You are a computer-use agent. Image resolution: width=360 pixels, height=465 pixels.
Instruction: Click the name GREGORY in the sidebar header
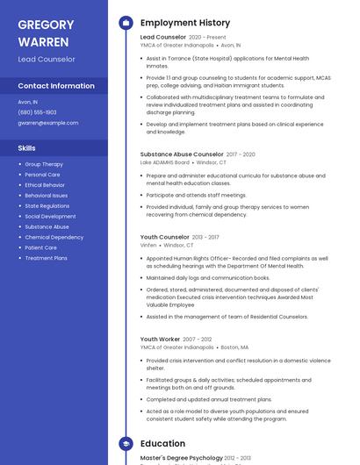pyautogui.click(x=47, y=24)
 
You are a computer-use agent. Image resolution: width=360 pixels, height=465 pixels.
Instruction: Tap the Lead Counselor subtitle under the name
pyautogui.click(x=47, y=59)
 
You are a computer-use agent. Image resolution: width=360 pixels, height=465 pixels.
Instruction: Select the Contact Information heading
pyautogui.click(x=56, y=86)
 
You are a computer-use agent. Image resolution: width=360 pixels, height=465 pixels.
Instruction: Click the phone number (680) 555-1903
pyautogui.click(x=37, y=112)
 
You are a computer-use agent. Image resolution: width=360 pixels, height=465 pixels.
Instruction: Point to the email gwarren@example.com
pyautogui.click(x=47, y=123)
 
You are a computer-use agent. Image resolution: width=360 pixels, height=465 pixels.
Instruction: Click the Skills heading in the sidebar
pyautogui.click(x=26, y=148)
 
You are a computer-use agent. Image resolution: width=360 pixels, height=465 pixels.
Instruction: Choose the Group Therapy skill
pyautogui.click(x=44, y=164)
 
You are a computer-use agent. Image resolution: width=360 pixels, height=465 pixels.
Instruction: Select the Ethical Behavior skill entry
pyautogui.click(x=45, y=185)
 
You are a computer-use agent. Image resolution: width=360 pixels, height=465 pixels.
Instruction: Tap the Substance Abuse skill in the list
pyautogui.click(x=47, y=226)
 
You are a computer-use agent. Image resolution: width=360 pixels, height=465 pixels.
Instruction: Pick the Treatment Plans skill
pyautogui.click(x=46, y=258)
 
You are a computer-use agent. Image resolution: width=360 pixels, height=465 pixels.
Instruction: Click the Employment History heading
pyautogui.click(x=185, y=23)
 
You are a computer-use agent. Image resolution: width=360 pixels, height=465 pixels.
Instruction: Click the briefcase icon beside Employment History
pyautogui.click(x=126, y=23)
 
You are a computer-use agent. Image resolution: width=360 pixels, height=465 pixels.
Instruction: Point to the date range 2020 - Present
pyautogui.click(x=207, y=38)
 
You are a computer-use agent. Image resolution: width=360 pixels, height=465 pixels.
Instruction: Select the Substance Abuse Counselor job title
pyautogui.click(x=182, y=154)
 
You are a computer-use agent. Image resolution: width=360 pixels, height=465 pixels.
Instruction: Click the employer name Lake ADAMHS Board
pyautogui.click(x=164, y=162)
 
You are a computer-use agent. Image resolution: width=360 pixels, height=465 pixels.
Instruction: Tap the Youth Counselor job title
pyautogui.click(x=164, y=237)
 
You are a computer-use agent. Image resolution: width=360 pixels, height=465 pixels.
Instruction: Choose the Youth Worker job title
pyautogui.click(x=160, y=339)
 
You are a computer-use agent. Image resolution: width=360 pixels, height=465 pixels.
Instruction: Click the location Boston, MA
pyautogui.click(x=234, y=347)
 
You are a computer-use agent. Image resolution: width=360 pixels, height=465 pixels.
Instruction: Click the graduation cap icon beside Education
pyautogui.click(x=126, y=444)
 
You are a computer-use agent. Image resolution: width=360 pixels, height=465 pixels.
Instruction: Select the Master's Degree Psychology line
pyautogui.click(x=180, y=458)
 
